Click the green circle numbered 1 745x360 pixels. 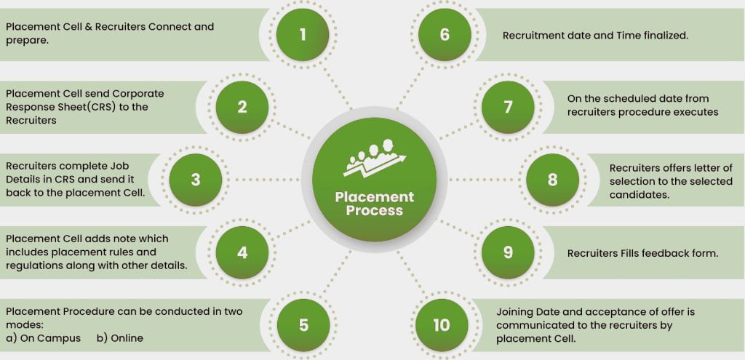303,35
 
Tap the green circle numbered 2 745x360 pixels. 242,107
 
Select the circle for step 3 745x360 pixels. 195,179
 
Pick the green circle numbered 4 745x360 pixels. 242,252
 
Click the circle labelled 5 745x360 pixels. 303,324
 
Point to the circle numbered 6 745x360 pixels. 445,35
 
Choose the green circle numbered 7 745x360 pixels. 508,107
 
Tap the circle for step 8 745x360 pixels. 552,179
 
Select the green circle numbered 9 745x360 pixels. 508,252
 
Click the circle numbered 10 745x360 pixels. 442,324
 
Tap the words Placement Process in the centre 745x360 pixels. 375,204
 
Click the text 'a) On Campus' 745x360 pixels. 44,338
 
